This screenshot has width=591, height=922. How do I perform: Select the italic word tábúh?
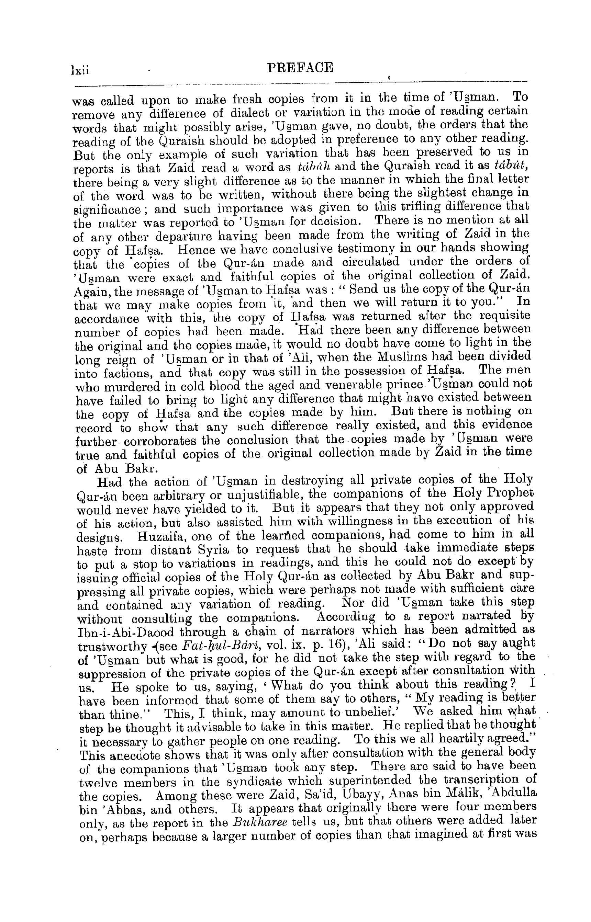pos(313,168)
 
